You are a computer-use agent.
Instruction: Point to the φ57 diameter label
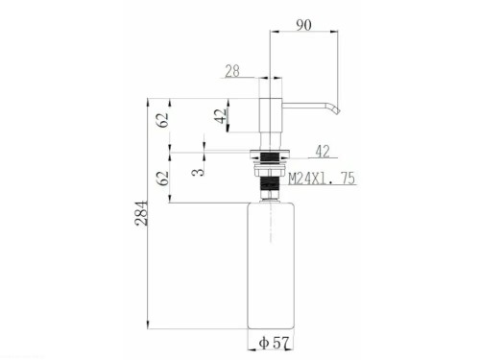274,342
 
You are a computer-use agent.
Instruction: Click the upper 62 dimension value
164,120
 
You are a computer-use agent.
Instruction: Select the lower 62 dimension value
164,176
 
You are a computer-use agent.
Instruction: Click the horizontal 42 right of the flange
323,150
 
